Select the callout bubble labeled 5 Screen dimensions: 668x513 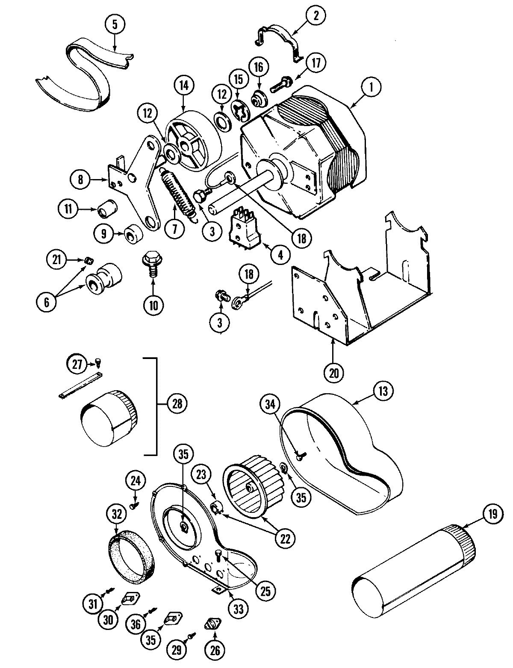pos(114,24)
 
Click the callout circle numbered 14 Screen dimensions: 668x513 pos(183,85)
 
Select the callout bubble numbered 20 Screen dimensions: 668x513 pos(334,372)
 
